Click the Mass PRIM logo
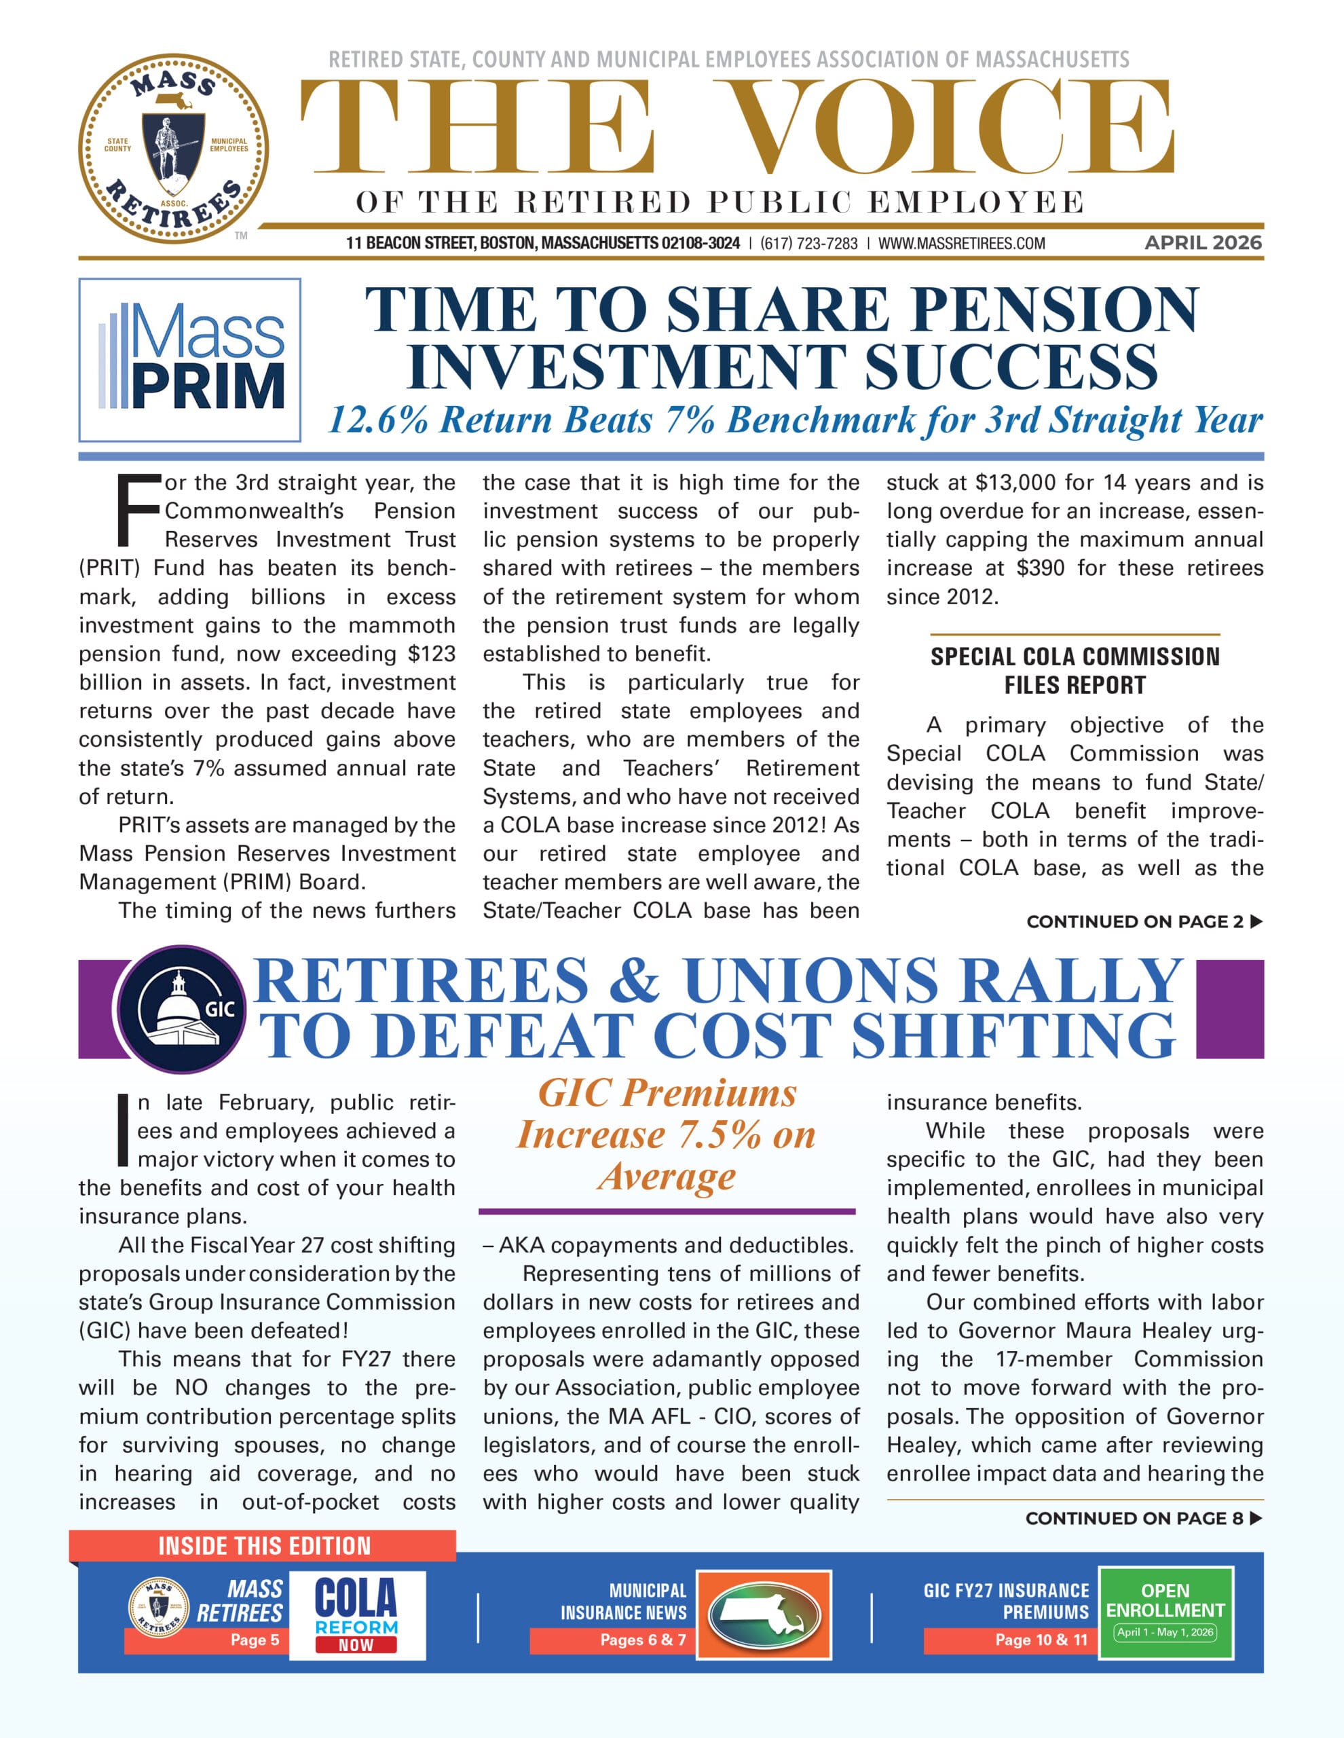tap(189, 360)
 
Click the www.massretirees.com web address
tap(961, 244)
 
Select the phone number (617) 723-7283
tap(808, 244)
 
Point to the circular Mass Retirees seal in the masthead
tap(174, 149)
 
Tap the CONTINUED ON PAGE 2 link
tap(1144, 921)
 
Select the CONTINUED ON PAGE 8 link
tap(1144, 1518)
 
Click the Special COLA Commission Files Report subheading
tap(1075, 670)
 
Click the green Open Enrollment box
tap(1165, 1612)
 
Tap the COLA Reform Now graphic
tap(356, 1614)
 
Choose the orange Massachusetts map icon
tap(763, 1614)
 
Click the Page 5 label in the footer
tap(255, 1640)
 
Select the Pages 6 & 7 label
tap(642, 1640)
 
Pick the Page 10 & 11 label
tap(1040, 1640)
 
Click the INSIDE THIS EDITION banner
tap(264, 1547)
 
